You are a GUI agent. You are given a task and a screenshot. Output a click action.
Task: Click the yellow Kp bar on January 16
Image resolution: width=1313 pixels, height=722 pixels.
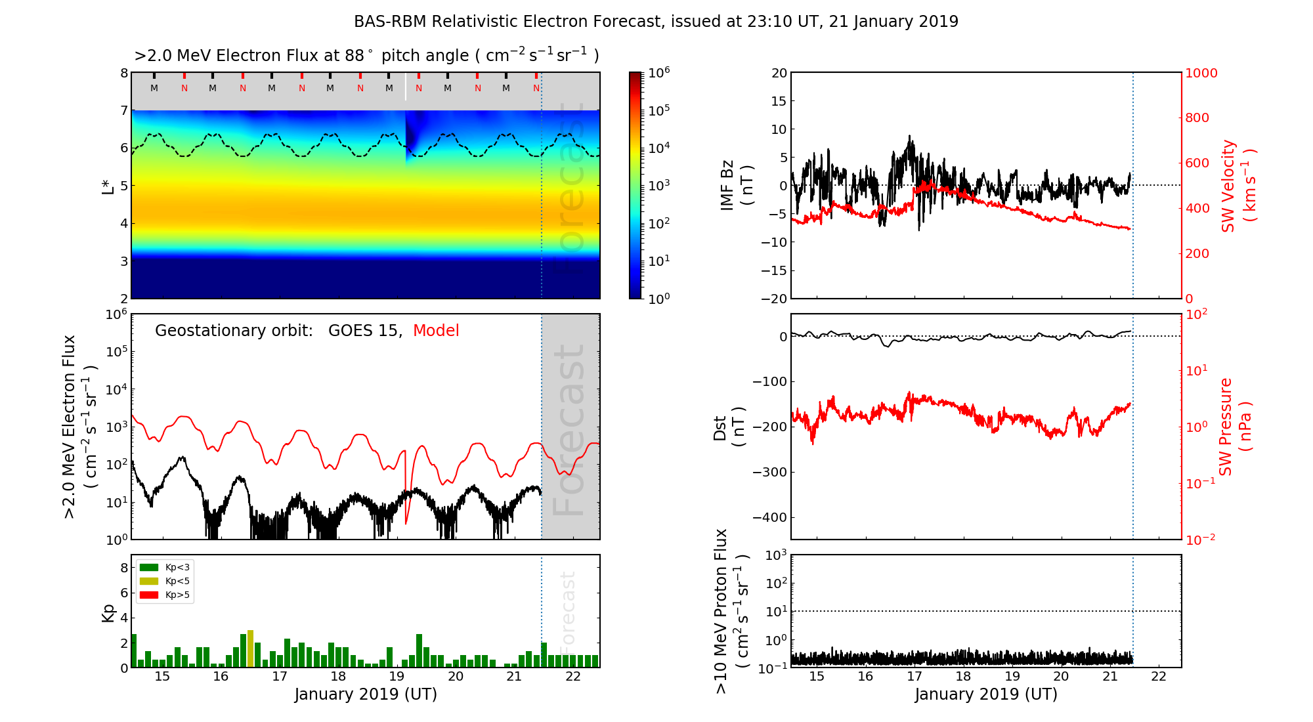click(250, 648)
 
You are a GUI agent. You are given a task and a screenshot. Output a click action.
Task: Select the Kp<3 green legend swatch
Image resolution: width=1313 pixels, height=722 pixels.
click(149, 567)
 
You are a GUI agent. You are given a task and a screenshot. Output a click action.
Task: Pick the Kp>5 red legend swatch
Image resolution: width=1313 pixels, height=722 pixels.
click(149, 595)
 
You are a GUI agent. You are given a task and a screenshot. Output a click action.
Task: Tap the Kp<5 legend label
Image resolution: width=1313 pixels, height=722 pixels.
click(177, 581)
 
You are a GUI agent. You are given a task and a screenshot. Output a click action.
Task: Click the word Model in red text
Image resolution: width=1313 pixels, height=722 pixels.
click(436, 331)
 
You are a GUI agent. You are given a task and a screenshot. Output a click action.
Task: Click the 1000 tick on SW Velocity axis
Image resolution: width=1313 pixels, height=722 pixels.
click(1201, 73)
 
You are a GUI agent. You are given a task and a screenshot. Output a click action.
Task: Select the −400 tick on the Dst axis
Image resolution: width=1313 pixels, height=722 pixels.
click(769, 517)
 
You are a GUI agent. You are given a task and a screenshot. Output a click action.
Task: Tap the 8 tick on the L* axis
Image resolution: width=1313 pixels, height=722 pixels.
click(123, 73)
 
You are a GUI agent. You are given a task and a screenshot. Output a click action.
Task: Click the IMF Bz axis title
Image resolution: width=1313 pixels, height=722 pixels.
click(737, 185)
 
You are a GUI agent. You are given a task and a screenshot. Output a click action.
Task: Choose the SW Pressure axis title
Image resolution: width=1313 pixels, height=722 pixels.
click(1236, 427)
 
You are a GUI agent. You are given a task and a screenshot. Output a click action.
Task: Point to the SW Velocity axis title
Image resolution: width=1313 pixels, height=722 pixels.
click(1238, 185)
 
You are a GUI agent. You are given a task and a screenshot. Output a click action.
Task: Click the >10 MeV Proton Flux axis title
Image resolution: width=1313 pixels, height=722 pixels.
click(732, 611)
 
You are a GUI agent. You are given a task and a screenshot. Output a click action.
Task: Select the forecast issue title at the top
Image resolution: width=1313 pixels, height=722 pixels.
click(656, 22)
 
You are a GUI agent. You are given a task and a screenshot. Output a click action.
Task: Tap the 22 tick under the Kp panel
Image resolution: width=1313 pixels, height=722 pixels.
click(572, 677)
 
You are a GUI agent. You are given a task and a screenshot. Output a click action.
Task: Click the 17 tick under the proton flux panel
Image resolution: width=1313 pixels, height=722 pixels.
click(915, 677)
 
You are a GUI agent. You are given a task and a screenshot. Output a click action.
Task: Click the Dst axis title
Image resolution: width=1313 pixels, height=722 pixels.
click(729, 427)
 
